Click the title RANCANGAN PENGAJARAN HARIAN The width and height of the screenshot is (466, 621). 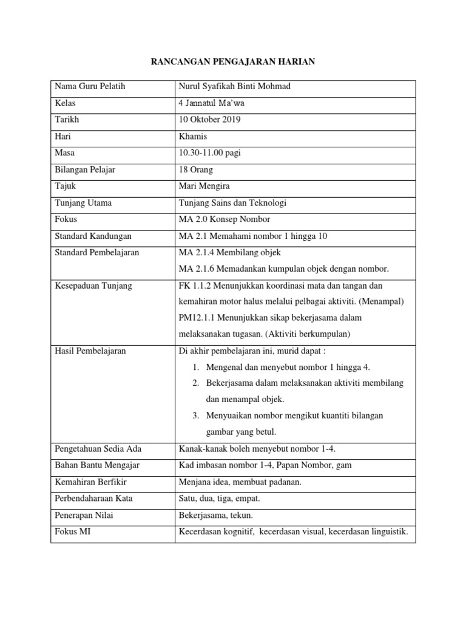pos(233,61)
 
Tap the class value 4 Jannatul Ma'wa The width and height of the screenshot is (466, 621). pos(211,104)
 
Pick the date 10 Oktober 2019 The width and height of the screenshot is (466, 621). pos(210,120)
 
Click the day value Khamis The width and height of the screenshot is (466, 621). pos(194,137)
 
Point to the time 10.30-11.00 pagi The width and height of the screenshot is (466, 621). pos(210,153)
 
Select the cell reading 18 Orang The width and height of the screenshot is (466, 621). pos(196,170)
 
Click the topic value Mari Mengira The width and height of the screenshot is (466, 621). pos(203,186)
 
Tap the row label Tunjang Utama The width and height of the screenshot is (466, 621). pos(83,203)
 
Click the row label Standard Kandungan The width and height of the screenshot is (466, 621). pos(93,235)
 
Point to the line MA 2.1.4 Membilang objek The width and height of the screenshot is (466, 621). pos(229,252)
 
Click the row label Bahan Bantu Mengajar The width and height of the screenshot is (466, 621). pos(97,465)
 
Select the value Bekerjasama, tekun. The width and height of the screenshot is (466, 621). pos(215,515)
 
